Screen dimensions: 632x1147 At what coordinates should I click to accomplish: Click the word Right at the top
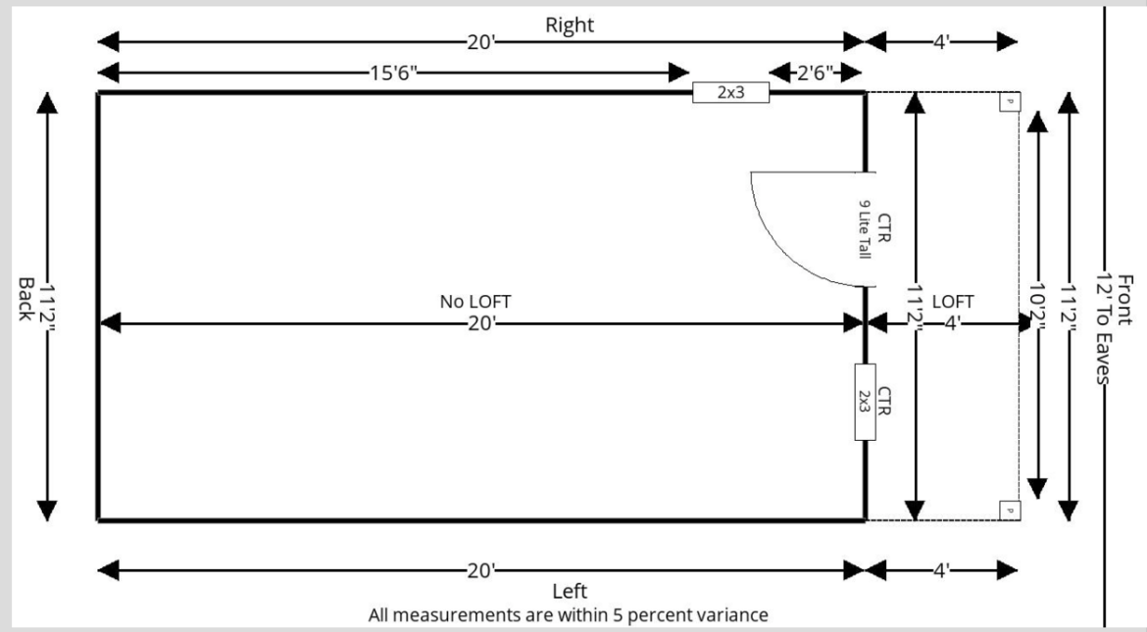coord(570,25)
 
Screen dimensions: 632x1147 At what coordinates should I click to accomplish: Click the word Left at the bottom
coord(570,591)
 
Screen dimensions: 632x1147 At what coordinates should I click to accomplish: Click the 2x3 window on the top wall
coord(730,93)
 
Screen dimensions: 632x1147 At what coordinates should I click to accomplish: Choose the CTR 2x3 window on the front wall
coord(865,402)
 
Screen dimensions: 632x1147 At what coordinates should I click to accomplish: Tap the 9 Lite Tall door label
coord(865,228)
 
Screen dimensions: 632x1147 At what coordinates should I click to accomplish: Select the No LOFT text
coord(475,302)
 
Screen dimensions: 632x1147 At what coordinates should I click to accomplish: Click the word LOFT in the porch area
coord(952,302)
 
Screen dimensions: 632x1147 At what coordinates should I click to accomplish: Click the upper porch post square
coord(1008,101)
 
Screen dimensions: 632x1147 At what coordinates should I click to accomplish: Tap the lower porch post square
coord(1008,509)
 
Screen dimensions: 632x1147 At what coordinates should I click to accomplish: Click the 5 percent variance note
coord(568,615)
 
